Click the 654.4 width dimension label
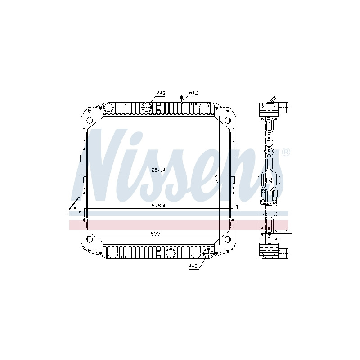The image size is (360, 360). pos(158,170)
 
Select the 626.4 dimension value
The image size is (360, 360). pos(158,206)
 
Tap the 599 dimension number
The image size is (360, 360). pos(155,234)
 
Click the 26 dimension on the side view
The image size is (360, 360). pos(287,230)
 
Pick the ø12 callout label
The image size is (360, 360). pos(193,93)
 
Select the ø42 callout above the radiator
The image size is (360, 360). pos(161,93)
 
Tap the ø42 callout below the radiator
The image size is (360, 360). pos(193,266)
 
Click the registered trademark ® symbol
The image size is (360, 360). pos(286,153)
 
